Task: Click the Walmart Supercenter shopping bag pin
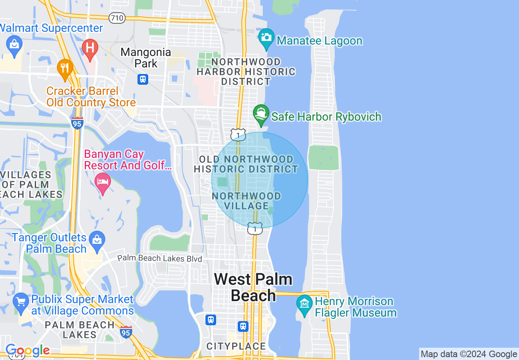[x=14, y=45]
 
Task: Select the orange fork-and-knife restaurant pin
[x=65, y=68]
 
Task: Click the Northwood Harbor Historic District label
[x=246, y=72]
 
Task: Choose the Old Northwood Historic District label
[x=246, y=164]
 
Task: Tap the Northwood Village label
[x=246, y=201]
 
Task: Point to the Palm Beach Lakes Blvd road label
[x=160, y=259]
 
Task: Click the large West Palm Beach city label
[x=253, y=287]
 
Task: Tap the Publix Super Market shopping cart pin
[x=20, y=301]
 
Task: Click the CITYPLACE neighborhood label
[x=236, y=346]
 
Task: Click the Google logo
[x=27, y=351]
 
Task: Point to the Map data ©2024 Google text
[x=469, y=354]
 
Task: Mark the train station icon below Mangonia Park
[x=143, y=79]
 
